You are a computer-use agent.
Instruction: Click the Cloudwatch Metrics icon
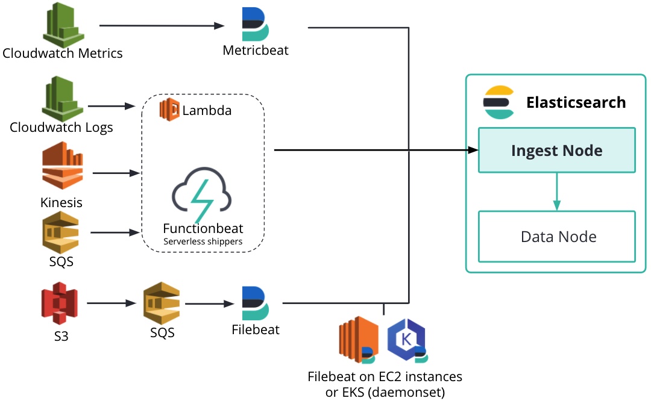point(62,25)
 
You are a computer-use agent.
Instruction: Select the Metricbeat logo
point(255,24)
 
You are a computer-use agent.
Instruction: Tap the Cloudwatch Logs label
point(61,128)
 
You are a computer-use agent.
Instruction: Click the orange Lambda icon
point(169,110)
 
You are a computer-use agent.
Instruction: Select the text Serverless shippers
point(203,241)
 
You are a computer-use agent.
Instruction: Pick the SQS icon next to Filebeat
point(162,303)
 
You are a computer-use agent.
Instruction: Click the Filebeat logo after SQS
point(256,303)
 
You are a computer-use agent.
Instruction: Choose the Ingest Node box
point(556,150)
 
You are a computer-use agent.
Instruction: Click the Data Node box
point(556,236)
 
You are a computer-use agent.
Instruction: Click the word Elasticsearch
point(576,102)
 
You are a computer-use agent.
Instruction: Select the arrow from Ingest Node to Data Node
point(556,191)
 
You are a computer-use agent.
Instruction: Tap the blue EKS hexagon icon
point(406,339)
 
